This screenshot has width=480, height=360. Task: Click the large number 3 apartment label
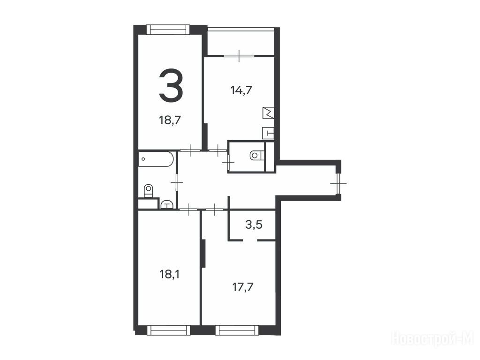coord(171,85)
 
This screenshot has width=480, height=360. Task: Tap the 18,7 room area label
coord(170,120)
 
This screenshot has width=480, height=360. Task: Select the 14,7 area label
coord(241,90)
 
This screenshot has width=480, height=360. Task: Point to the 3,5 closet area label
coord(254,225)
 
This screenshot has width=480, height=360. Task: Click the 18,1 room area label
coord(170,274)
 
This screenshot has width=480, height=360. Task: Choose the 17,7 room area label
coord(243,287)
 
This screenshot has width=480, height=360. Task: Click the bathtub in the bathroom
coord(156,159)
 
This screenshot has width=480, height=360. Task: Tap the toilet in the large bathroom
coord(148,191)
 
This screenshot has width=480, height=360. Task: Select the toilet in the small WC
coord(256,156)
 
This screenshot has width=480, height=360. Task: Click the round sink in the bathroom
coord(166,204)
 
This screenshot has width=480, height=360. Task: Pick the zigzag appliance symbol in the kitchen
coord(268,113)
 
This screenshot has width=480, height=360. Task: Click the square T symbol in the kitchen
coord(268,133)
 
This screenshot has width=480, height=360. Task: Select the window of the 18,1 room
coord(167,330)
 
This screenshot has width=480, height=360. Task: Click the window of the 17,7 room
coord(235,330)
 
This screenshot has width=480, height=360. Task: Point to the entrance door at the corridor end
coord(338,184)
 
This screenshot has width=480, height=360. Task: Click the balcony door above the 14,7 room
coord(239,56)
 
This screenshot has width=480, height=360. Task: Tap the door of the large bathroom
coord(177,182)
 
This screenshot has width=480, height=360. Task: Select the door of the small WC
coord(228,160)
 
